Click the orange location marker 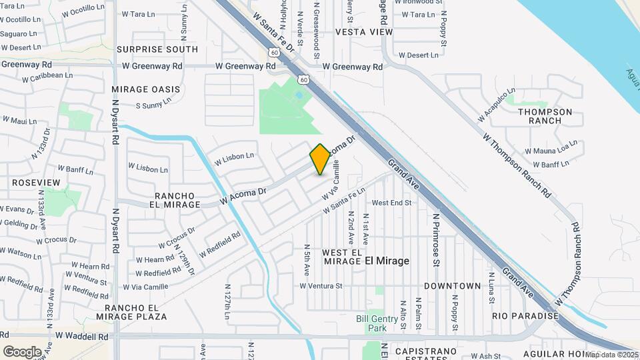320,159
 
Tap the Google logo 22,351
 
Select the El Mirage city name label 387,261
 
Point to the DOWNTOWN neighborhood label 452,286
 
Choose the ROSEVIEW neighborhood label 36,183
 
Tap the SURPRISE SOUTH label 157,49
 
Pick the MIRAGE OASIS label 146,89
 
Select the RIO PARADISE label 525,315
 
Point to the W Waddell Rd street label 82,337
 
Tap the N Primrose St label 437,239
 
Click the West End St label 391,203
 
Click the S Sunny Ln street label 158,105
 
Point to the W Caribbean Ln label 47,77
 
